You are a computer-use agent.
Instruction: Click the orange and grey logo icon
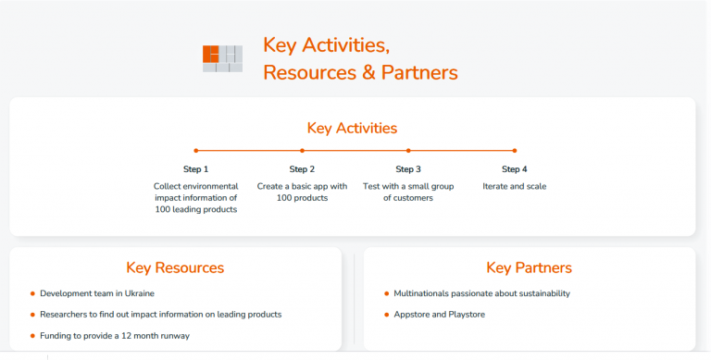click(222, 58)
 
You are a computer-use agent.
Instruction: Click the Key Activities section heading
click(352, 129)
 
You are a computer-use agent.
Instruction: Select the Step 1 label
click(195, 169)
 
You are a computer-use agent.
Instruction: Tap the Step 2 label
click(302, 169)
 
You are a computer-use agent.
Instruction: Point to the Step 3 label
click(408, 169)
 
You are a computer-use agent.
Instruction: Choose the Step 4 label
click(515, 169)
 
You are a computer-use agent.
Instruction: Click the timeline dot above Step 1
click(195, 150)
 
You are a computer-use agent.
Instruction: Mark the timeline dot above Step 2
click(302, 150)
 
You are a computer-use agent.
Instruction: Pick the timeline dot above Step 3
click(408, 150)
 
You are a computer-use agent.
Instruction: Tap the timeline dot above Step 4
click(515, 150)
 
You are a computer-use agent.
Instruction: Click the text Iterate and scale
click(515, 186)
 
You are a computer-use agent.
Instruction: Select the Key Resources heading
click(175, 268)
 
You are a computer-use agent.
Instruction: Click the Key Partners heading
click(529, 268)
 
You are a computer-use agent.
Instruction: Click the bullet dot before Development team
click(32, 293)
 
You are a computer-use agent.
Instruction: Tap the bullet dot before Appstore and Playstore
click(386, 315)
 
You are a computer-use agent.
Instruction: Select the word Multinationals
click(421, 293)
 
